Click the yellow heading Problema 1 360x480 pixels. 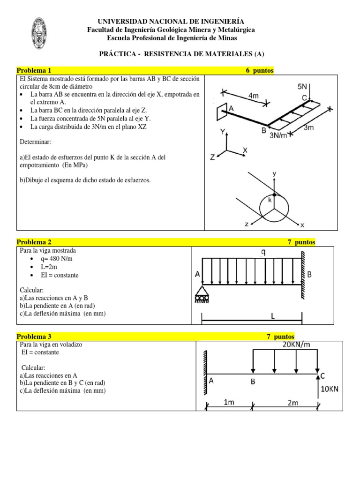(x=34, y=70)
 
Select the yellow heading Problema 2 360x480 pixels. (x=34, y=242)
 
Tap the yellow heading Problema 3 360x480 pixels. (x=34, y=336)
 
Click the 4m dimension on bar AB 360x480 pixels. (x=254, y=96)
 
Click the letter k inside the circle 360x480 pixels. (x=270, y=200)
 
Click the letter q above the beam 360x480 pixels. (x=263, y=252)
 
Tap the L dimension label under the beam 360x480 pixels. (x=273, y=317)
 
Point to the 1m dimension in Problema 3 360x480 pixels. (x=228, y=402)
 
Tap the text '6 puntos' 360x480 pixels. (x=260, y=70)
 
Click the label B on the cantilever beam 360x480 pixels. (x=253, y=382)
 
